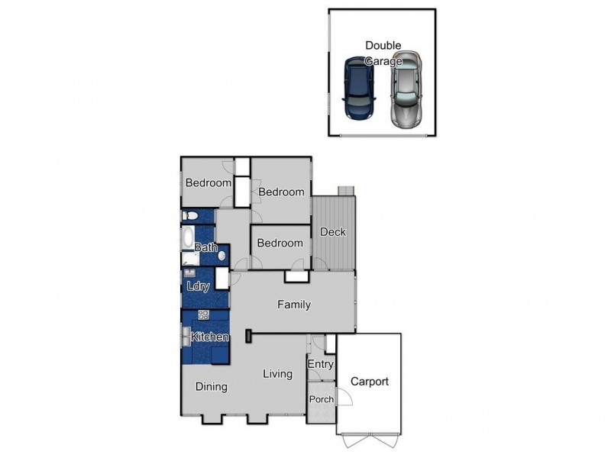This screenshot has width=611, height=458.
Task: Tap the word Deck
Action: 333,232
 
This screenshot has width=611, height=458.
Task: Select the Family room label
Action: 293,305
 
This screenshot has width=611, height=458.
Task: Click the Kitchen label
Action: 210,337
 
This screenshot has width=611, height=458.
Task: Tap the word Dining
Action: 211,386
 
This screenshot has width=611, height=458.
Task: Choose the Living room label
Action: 278,374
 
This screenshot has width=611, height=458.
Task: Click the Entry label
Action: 321,365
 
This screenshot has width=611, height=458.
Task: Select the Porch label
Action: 321,399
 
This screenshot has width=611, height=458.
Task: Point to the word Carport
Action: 370,382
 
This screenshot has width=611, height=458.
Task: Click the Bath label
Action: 205,247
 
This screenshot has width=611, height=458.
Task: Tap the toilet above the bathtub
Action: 190,216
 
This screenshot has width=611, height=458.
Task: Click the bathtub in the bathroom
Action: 189,237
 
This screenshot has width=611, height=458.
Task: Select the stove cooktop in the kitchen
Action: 204,314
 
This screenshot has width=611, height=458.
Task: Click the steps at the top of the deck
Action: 346,192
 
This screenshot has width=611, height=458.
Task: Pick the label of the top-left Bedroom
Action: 209,183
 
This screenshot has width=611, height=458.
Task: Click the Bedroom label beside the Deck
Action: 280,244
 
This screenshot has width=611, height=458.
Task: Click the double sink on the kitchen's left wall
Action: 186,336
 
